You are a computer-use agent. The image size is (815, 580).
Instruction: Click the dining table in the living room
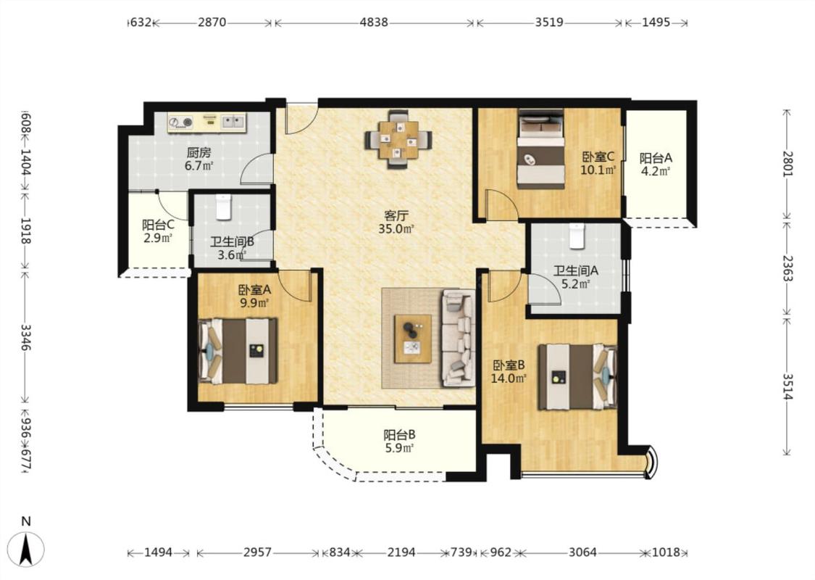coord(398,139)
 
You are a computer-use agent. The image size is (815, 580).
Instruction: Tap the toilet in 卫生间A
coord(577,236)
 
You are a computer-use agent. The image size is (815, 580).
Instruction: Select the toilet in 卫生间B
coord(223,207)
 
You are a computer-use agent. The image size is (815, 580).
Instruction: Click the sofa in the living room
coord(458,338)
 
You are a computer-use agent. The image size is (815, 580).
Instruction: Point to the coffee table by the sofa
coord(413,339)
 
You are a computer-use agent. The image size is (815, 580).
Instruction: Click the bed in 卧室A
coord(238,351)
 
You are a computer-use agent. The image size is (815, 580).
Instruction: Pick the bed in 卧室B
coord(577,376)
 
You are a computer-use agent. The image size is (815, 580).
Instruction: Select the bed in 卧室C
coord(540,149)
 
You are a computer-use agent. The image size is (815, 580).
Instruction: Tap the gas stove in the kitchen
coord(181,123)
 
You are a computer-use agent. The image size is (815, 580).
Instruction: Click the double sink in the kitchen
coord(233,123)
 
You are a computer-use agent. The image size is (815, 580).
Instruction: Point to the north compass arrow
coord(27,548)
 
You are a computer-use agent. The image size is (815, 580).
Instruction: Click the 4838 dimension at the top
coord(374,22)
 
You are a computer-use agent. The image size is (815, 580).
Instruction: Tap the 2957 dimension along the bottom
coord(257,552)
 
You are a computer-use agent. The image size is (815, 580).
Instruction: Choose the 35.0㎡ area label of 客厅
coord(396,228)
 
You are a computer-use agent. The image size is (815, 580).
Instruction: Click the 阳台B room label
coord(399,434)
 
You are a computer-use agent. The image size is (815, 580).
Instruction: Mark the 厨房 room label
coord(198,152)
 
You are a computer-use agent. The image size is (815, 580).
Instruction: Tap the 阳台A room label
coord(656,157)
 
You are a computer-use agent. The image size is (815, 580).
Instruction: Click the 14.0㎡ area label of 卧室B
coord(509,378)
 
